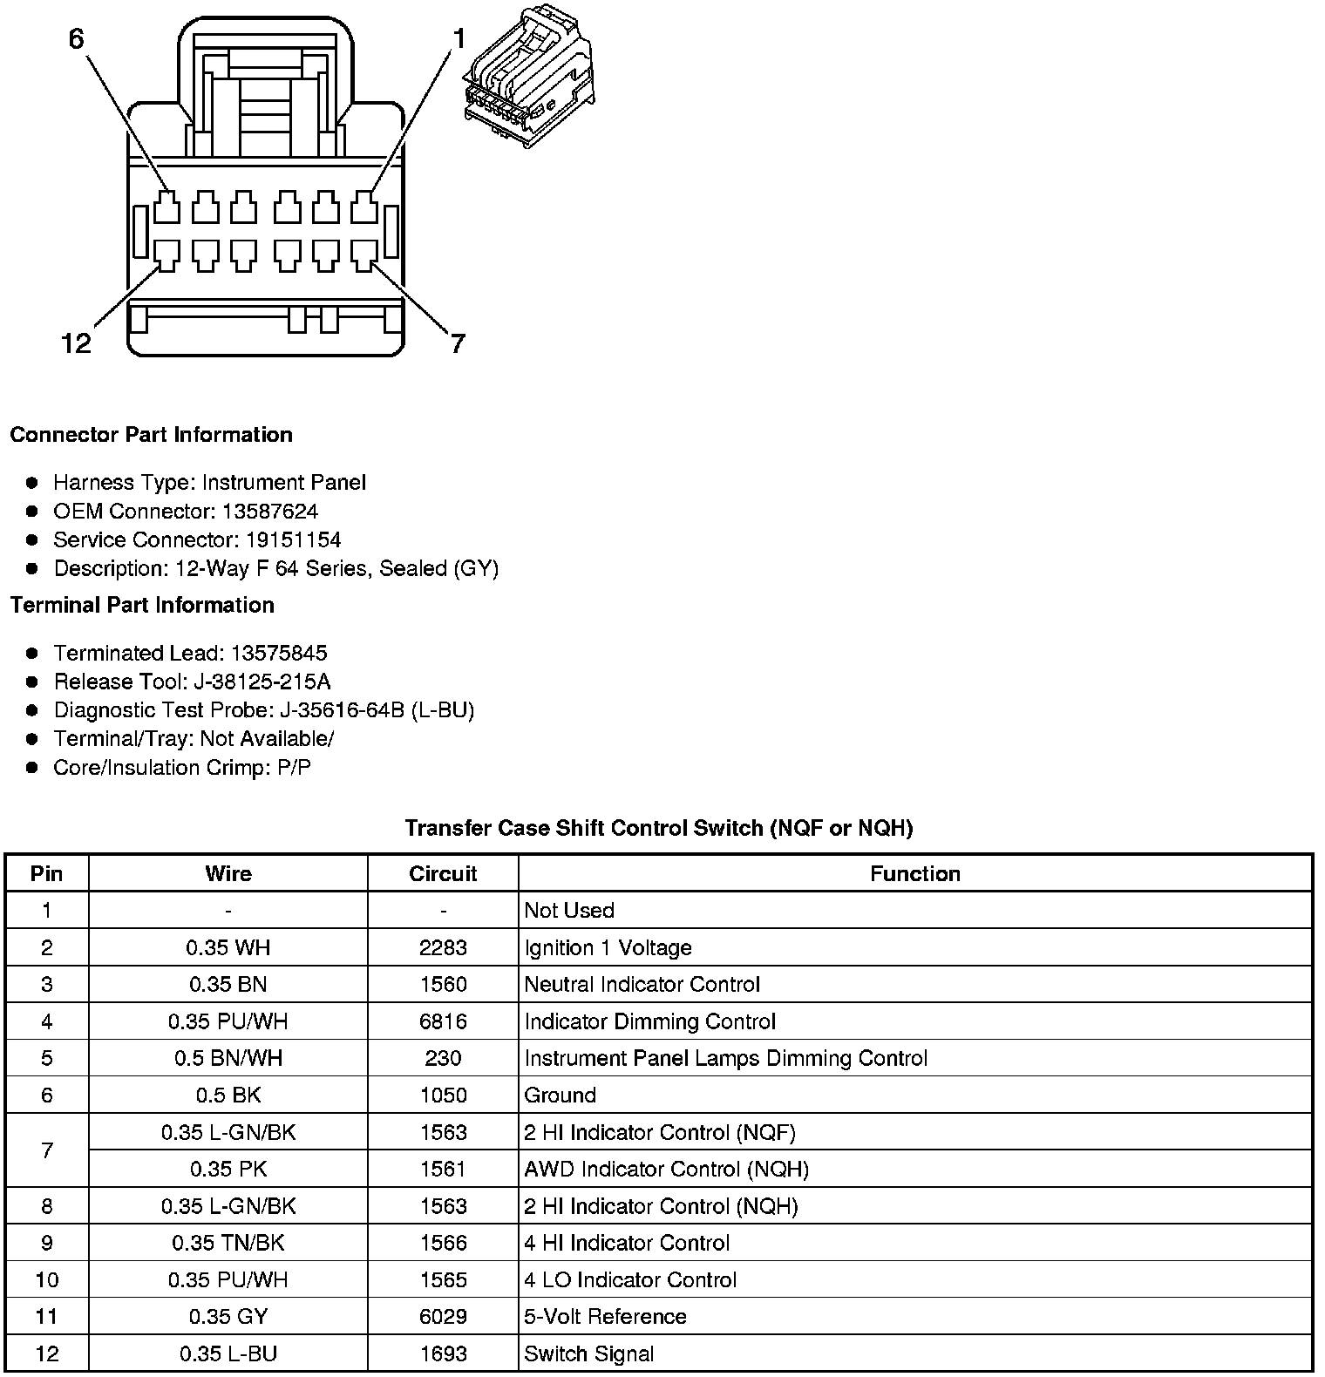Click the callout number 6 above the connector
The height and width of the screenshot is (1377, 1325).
point(77,39)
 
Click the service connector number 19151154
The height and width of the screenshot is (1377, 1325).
point(289,539)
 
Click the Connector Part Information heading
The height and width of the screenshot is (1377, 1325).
point(151,435)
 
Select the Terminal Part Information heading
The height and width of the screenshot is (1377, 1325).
point(142,605)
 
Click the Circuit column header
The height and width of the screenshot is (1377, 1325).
point(443,873)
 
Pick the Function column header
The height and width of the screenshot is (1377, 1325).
point(914,873)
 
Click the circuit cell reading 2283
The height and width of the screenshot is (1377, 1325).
point(443,947)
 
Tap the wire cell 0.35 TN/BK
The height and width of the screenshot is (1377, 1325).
point(228,1243)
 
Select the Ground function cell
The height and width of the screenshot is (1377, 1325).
point(561,1095)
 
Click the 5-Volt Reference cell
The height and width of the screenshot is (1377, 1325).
point(605,1317)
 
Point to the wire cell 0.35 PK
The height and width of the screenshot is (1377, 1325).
point(228,1169)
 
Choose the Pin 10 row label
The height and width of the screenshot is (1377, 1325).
point(47,1279)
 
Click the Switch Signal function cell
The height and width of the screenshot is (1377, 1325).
point(588,1353)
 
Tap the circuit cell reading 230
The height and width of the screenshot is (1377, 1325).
point(443,1058)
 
